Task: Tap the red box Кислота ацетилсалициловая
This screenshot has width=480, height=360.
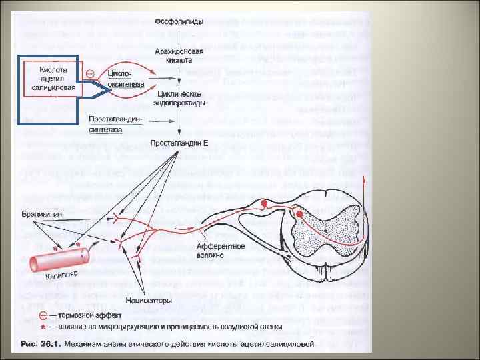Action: [x=51, y=77]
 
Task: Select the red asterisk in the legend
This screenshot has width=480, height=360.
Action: [x=43, y=327]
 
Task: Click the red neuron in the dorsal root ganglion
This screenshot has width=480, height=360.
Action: [x=265, y=202]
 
